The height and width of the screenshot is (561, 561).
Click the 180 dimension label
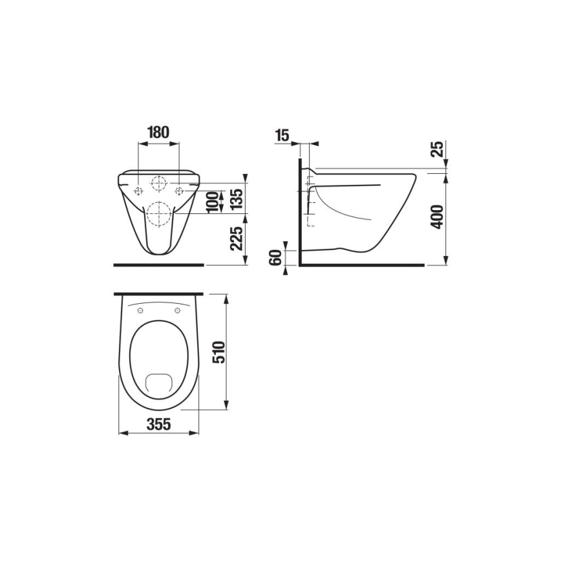click(158, 132)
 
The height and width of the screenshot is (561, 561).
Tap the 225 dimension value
click(236, 240)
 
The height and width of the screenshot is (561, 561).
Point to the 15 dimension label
click(282, 135)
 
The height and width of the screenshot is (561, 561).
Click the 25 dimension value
click(436, 150)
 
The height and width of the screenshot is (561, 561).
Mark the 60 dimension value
click(275, 257)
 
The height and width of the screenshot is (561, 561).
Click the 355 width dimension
click(158, 425)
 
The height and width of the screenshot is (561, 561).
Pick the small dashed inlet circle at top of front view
click(158, 183)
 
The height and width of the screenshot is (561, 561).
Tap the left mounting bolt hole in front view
click(138, 191)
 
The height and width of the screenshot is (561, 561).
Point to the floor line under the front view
click(158, 265)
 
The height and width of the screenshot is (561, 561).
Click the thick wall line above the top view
click(158, 294)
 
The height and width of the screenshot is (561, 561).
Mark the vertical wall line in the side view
click(300, 213)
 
